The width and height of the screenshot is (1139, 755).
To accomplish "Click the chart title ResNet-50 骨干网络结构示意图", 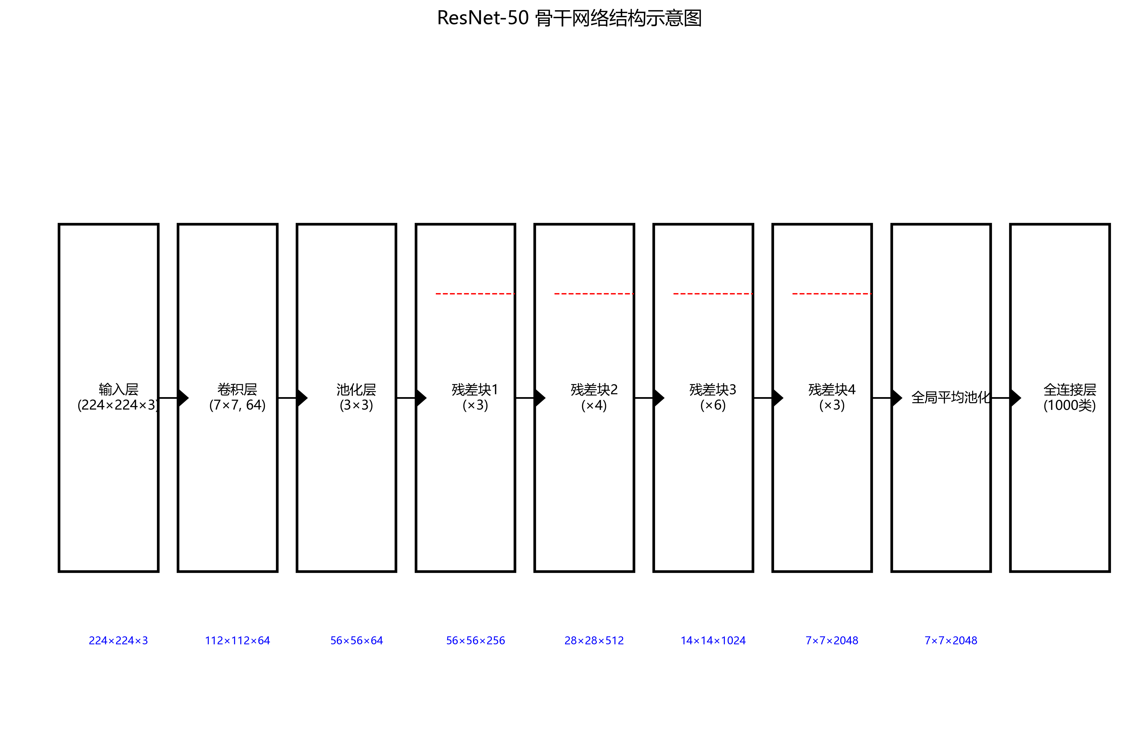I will click(569, 18).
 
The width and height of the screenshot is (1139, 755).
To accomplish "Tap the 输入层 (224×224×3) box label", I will click(118, 397).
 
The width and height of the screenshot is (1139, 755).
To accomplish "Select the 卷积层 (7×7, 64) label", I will click(237, 397).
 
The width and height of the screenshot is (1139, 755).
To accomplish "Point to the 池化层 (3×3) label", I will click(356, 397).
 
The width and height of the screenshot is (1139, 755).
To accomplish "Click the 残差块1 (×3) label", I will click(475, 397).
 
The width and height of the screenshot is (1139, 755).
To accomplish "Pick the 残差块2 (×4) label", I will click(594, 397).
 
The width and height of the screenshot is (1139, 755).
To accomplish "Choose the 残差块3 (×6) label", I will click(713, 397).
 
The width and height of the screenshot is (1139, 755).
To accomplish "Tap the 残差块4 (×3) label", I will click(832, 397).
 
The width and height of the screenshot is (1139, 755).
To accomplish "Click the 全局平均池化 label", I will click(950, 397).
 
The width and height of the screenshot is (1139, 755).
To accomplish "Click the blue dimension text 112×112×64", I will click(237, 640).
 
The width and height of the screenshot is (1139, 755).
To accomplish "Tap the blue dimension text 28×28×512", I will click(594, 640).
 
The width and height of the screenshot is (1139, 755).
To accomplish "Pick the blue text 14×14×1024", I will click(713, 640).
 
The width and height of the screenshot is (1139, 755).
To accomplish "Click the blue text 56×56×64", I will click(356, 640).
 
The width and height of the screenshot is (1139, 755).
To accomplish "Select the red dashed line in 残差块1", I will click(475, 293).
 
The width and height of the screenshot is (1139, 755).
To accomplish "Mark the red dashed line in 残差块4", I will click(832, 293).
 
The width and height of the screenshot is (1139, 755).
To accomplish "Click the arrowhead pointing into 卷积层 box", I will click(182, 398).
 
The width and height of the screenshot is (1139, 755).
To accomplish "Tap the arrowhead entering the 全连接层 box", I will click(1015, 398).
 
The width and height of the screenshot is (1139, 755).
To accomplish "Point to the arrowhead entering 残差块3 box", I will click(659, 398).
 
